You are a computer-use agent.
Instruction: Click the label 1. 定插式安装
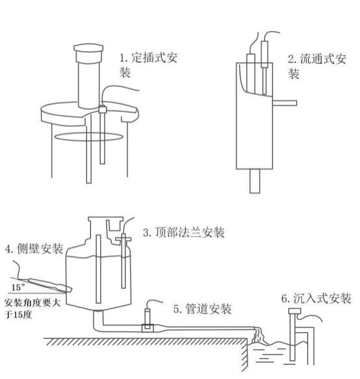[148, 64]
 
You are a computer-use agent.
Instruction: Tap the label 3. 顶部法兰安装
[188, 231]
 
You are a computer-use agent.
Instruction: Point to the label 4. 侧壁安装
[34, 248]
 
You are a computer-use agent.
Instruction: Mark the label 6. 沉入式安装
[317, 298]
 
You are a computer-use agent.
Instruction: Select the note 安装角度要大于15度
[31, 309]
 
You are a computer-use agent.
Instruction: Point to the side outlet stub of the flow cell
[285, 103]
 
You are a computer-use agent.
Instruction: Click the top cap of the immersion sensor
[294, 313]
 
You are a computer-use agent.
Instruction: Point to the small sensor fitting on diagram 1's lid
[103, 110]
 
